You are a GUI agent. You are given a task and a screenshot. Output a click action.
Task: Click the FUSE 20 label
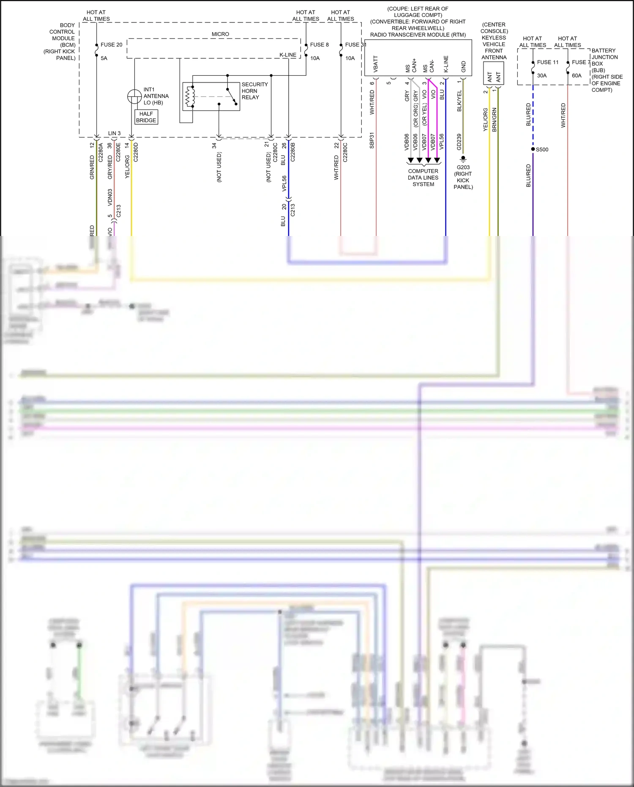click(111, 45)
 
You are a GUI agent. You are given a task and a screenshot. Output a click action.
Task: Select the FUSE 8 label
click(319, 45)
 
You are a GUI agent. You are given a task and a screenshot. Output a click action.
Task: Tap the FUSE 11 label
click(547, 62)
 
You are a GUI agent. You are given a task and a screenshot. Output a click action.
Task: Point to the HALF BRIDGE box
click(146, 117)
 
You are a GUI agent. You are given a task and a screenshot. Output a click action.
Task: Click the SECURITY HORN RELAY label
click(254, 91)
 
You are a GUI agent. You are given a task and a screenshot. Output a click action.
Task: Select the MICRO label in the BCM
click(220, 34)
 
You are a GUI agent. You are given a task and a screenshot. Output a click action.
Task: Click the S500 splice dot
click(533, 149)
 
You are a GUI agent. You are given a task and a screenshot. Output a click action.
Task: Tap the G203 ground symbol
click(463, 159)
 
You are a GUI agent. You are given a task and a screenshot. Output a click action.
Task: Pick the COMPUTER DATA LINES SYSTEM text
click(423, 178)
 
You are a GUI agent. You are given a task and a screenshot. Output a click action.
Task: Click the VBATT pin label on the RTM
click(376, 64)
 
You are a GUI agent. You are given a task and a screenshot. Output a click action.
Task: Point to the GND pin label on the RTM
click(464, 66)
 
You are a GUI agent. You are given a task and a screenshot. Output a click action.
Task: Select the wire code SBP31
click(372, 140)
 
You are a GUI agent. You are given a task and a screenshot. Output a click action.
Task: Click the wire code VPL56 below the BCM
click(284, 183)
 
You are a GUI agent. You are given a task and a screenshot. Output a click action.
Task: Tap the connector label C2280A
click(101, 152)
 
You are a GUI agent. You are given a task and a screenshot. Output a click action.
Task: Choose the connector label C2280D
click(136, 152)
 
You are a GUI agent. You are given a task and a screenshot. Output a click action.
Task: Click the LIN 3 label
click(114, 133)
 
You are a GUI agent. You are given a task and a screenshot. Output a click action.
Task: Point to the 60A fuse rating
click(577, 76)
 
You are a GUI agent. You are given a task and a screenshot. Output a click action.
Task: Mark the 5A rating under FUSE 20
click(104, 58)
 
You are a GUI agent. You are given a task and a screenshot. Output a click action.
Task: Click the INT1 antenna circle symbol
click(134, 96)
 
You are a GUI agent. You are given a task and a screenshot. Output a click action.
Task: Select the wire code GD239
click(459, 142)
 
